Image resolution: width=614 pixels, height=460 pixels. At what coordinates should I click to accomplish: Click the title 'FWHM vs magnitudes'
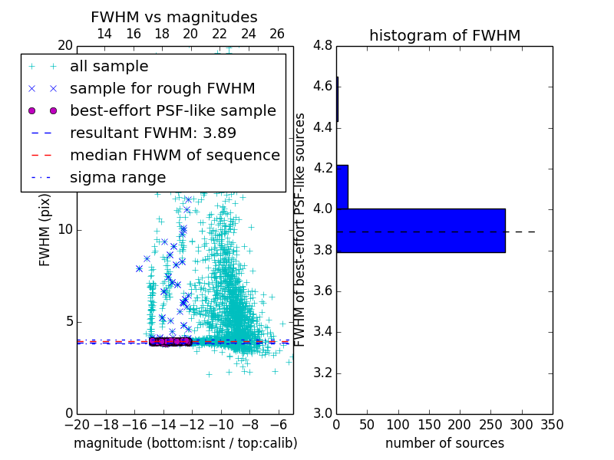(x=174, y=17)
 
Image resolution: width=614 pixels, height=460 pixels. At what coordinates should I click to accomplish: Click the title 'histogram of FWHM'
(x=444, y=35)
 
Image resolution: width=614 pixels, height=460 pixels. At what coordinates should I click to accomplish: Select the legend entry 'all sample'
(x=109, y=67)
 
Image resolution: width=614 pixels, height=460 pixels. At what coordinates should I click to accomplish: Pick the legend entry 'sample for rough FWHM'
(x=162, y=88)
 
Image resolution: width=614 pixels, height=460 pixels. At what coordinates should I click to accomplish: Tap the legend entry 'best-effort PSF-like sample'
(x=173, y=110)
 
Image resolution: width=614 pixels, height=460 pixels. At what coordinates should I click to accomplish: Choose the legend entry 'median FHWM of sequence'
(x=174, y=155)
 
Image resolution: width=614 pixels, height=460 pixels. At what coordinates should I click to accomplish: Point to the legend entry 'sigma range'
(x=117, y=177)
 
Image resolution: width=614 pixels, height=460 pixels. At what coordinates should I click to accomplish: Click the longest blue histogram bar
(x=421, y=230)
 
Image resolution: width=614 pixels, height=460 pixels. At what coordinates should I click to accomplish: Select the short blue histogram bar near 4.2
(x=342, y=186)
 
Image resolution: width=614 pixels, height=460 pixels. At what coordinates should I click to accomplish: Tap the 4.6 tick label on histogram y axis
(x=322, y=86)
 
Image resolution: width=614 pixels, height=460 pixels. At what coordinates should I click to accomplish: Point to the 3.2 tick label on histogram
(x=322, y=373)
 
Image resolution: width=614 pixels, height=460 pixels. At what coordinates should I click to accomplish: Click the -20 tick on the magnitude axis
(x=77, y=424)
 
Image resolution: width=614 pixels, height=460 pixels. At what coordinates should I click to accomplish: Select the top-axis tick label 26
(x=277, y=34)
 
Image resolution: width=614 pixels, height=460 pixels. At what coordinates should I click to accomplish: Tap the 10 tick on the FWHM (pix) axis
(x=65, y=229)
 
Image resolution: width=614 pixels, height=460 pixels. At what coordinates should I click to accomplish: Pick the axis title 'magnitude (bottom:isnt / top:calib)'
(x=185, y=443)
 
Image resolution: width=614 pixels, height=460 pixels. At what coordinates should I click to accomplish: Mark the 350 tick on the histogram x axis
(x=553, y=424)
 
